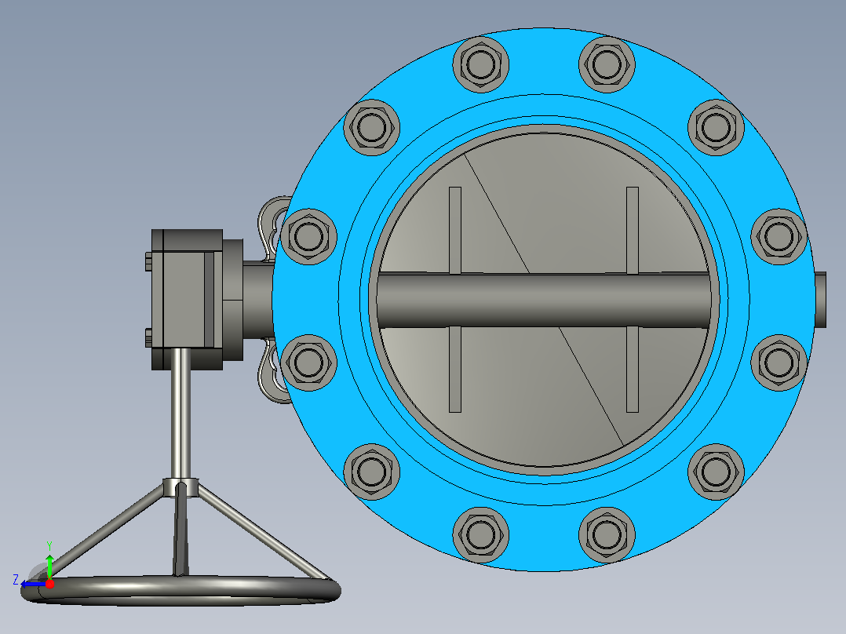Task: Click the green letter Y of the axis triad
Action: coord(49,546)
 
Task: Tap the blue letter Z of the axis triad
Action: coord(16,580)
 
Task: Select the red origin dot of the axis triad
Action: coord(49,584)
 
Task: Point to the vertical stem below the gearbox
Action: coord(181,414)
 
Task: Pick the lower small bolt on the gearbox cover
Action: coord(148,337)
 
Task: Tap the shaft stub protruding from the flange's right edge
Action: coord(820,300)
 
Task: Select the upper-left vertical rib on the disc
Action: coord(455,231)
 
